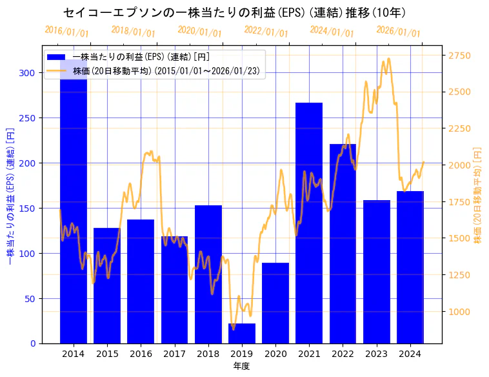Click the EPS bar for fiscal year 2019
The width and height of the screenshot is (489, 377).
tap(242, 333)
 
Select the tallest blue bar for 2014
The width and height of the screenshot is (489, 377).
tap(74, 207)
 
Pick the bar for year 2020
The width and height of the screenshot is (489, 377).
tap(275, 303)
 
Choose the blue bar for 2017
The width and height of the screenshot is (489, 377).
tap(174, 290)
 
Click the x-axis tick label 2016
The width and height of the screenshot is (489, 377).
tap(141, 354)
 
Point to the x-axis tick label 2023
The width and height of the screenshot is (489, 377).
tap(377, 354)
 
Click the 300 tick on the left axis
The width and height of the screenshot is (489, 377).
tap(27, 73)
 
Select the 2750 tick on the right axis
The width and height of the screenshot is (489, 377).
tap(459, 56)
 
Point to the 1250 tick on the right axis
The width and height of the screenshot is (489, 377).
tap(459, 276)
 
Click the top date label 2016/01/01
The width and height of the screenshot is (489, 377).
tap(67, 32)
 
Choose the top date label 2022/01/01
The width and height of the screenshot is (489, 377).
tap(266, 32)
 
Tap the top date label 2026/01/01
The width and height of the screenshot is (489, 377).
tap(398, 32)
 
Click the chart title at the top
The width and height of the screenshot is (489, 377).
tap(234, 12)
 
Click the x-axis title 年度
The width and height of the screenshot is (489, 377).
tap(242, 366)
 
